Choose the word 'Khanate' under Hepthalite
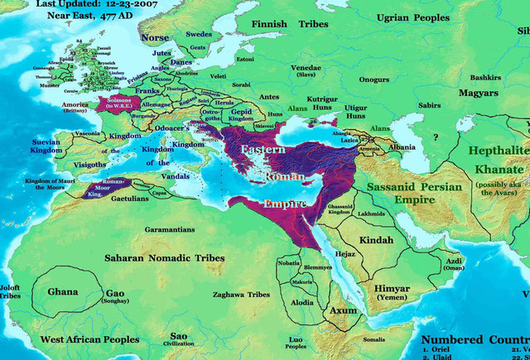point(495,168)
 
